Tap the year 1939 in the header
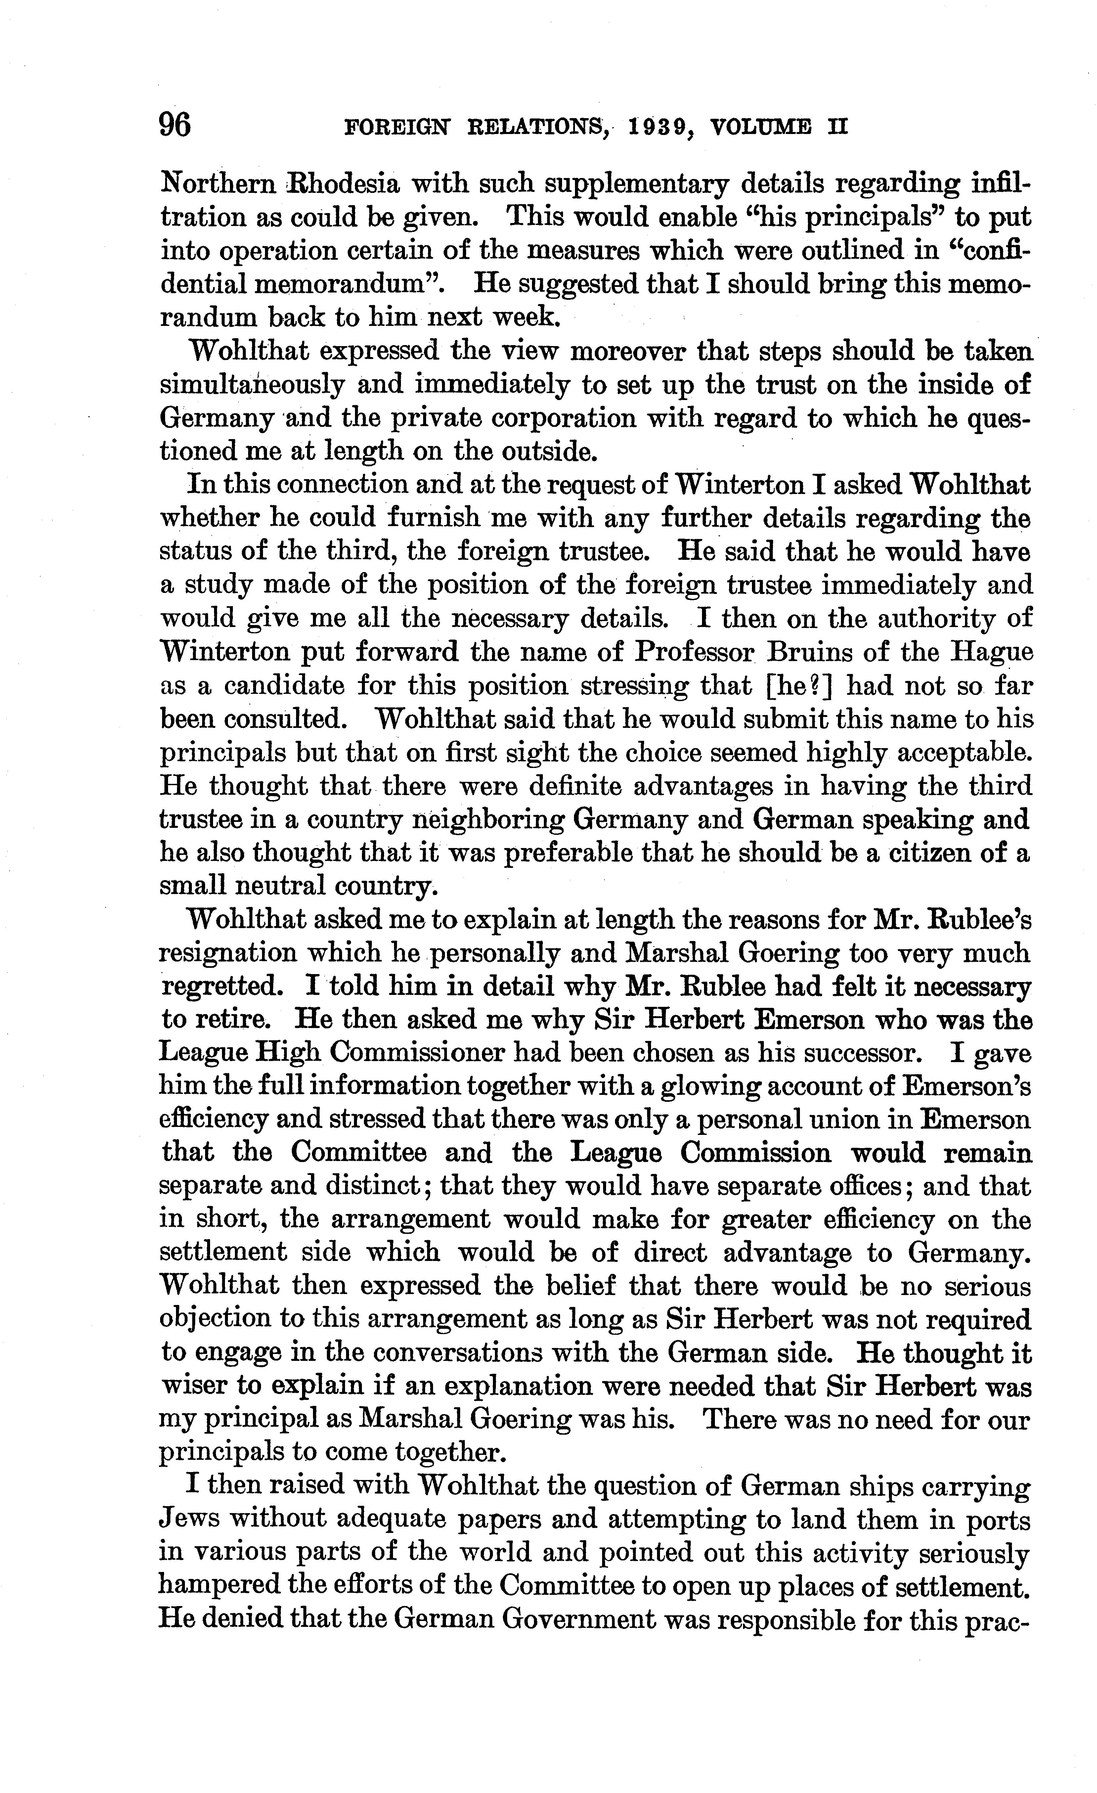(659, 128)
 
